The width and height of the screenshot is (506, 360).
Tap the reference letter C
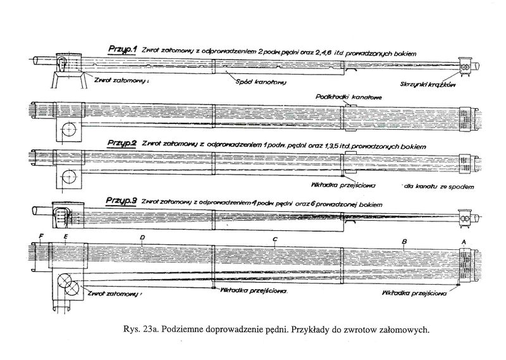click(x=275, y=239)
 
